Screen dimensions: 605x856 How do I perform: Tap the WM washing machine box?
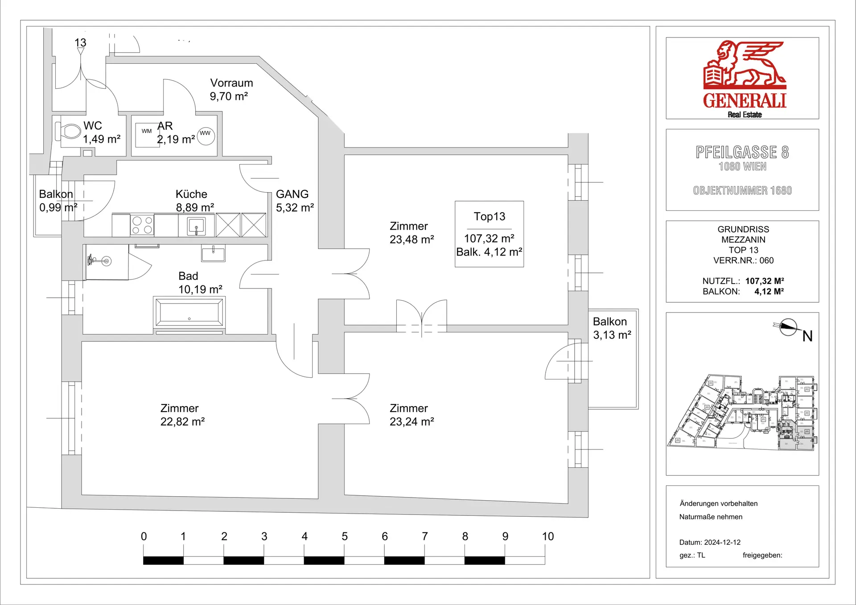[x=147, y=135]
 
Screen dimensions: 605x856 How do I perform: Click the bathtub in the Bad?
[x=189, y=312]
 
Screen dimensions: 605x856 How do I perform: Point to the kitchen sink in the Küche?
[x=196, y=226]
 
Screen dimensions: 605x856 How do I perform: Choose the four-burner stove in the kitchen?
[x=142, y=225]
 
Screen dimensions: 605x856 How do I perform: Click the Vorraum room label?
[x=231, y=83]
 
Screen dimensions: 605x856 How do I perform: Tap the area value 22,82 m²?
[x=182, y=422]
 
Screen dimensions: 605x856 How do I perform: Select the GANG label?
[x=292, y=194]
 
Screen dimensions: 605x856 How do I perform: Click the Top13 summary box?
[x=489, y=234]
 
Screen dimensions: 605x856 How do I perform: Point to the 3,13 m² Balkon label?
[x=612, y=328]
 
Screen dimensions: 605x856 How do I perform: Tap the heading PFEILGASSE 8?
[x=742, y=152]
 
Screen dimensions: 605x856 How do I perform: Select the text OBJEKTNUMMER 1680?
[x=742, y=191]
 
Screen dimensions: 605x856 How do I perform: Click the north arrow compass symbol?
[x=788, y=328]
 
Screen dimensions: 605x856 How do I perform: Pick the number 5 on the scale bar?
[x=345, y=536]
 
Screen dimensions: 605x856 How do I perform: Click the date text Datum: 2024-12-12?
[x=710, y=543]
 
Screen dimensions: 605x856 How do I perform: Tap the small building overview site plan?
[x=742, y=412]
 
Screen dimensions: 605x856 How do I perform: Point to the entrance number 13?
[x=80, y=43]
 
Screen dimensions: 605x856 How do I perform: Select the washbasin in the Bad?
[x=213, y=253]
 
